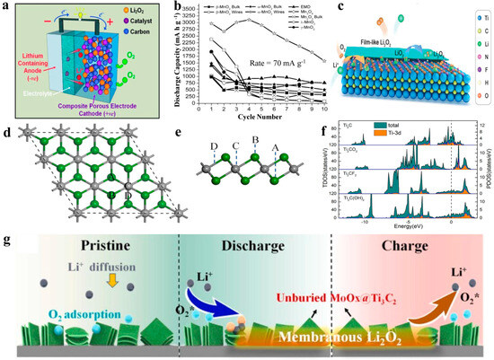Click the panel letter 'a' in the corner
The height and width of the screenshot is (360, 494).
6,7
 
